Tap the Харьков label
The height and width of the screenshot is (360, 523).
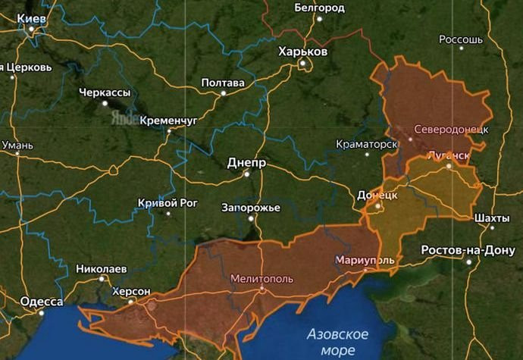coord(302,52)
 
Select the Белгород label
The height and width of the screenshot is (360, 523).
coord(318,8)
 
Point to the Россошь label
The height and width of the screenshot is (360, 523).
coord(461,39)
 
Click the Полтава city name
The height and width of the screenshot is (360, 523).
coord(223,83)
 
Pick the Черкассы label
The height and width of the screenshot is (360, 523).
coord(105,92)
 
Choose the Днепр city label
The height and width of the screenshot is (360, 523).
coord(246,162)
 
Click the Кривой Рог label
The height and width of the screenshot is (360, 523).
coord(168,202)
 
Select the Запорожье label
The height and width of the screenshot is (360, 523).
coord(252,208)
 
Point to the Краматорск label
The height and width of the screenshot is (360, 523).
coord(367,144)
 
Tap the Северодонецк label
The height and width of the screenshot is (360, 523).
coord(450,129)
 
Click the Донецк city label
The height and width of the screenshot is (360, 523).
coord(376,195)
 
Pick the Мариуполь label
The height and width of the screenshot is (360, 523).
coord(365,260)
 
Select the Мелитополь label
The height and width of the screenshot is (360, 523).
coord(261,277)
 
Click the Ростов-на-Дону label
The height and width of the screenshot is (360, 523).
coord(468,250)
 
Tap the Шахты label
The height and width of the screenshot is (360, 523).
coord(490,218)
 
